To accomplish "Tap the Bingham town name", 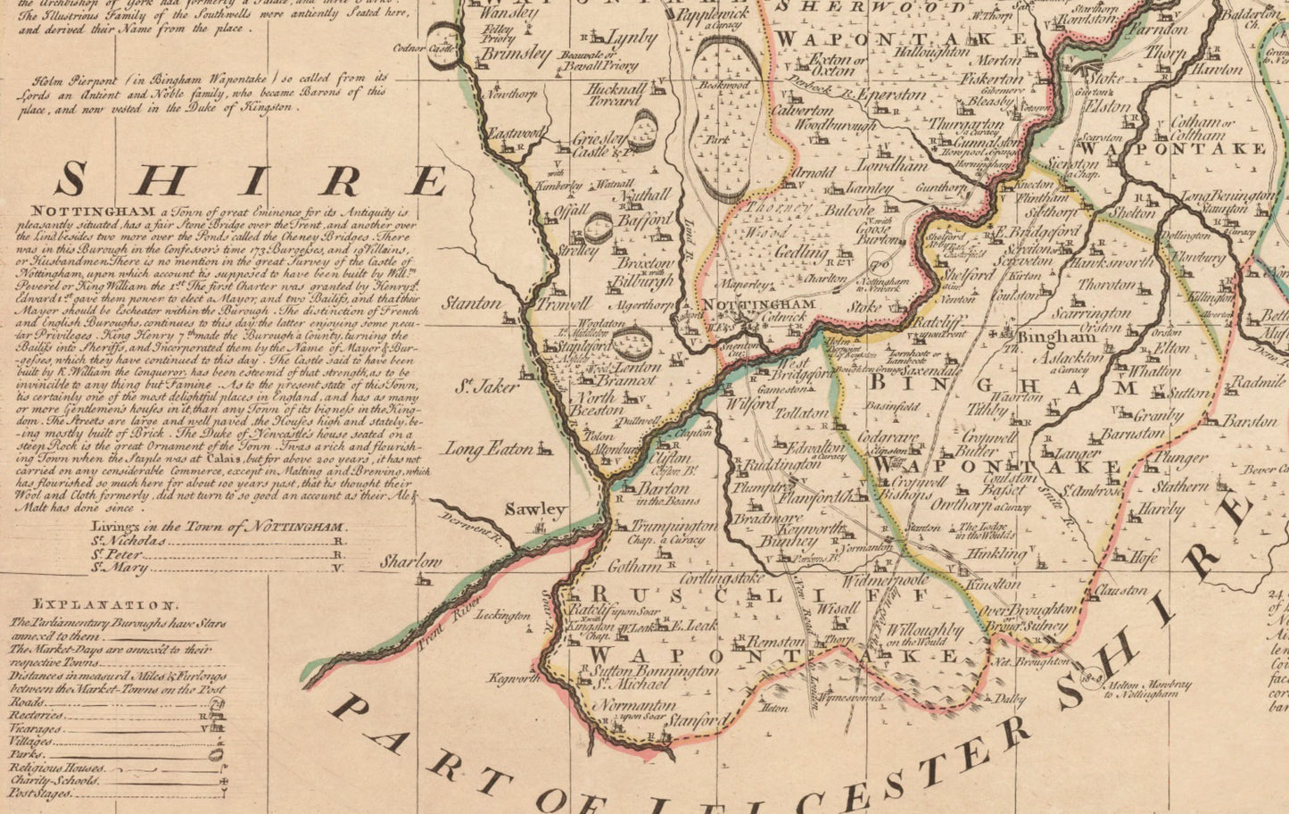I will pos(1044,338).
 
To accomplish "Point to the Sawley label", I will pos(535,510).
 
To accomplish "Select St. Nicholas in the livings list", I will pos(128,541).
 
